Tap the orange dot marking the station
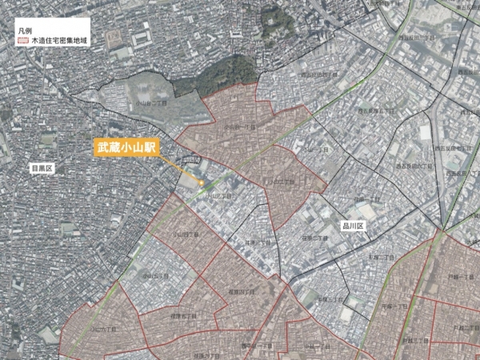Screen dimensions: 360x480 [x=202, y=182]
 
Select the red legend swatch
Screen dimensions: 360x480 [x=22, y=38]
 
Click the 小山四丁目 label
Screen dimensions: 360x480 [x=185, y=234]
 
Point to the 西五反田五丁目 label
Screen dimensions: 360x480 [x=372, y=110]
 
